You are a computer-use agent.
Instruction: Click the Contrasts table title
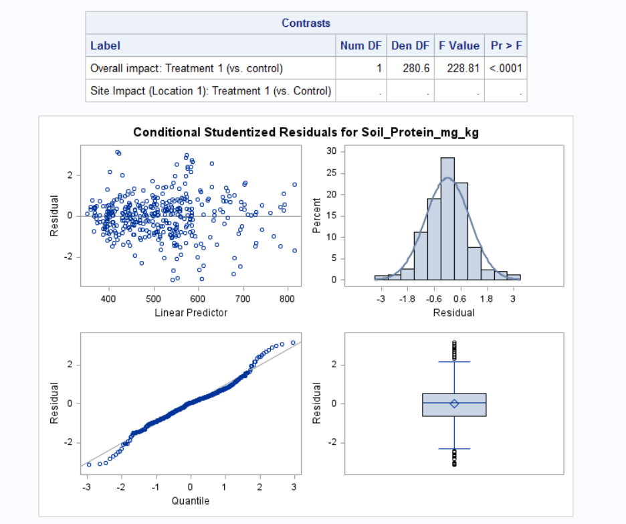click(306, 23)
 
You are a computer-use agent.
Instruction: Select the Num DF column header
click(360, 46)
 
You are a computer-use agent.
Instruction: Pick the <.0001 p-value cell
click(506, 68)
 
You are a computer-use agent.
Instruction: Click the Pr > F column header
click(506, 46)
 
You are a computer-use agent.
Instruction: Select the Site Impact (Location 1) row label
click(210, 91)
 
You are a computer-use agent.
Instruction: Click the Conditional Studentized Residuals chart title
click(306, 133)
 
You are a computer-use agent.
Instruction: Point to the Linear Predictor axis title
click(191, 313)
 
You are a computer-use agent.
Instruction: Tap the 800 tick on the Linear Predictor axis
click(288, 298)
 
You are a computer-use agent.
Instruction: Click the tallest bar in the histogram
click(447, 218)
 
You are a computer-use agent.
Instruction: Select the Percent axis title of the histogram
click(318, 215)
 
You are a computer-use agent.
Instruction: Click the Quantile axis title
click(191, 501)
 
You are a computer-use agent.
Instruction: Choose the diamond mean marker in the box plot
click(454, 403)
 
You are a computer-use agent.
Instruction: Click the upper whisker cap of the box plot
click(454, 362)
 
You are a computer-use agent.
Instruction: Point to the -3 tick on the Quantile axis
click(87, 486)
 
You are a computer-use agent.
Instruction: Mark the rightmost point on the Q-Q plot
click(293, 343)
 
